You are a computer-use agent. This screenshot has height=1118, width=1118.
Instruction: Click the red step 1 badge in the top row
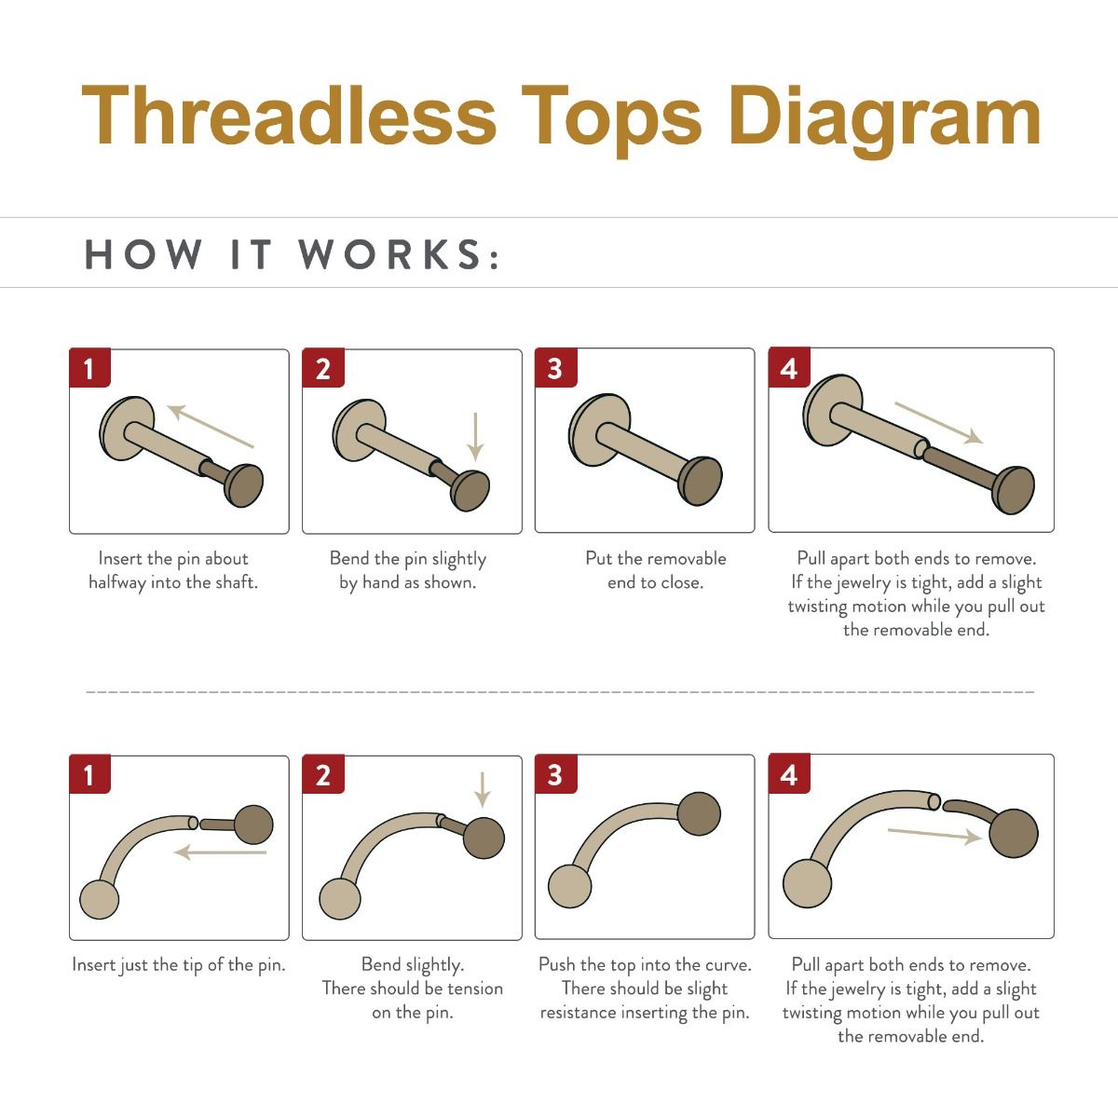(x=89, y=369)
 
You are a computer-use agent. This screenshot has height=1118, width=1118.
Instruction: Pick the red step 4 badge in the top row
(x=788, y=369)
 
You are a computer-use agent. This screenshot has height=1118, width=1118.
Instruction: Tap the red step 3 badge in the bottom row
(x=555, y=775)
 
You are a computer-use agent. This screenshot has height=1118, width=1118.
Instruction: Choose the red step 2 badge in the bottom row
(x=322, y=775)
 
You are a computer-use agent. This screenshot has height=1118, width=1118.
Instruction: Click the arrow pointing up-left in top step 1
(x=210, y=426)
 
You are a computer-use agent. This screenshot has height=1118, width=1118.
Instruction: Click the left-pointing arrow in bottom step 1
(x=221, y=852)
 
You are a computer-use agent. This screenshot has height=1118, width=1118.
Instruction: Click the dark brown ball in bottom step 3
(x=699, y=814)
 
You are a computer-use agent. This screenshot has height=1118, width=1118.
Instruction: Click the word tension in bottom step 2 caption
(x=472, y=988)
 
